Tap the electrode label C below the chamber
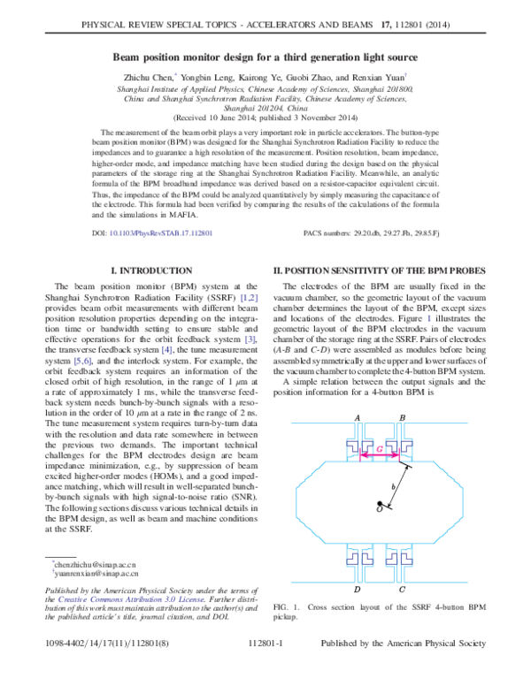(x=403, y=589)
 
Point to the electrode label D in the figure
(x=357, y=589)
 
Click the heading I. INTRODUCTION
(x=150, y=270)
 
